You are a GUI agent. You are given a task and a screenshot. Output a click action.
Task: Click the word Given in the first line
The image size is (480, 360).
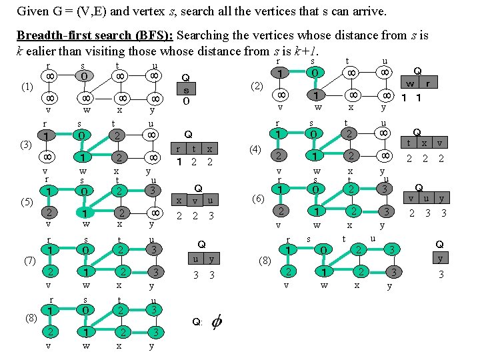[x=31, y=11]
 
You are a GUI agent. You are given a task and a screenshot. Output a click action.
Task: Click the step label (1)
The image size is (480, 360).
[x=27, y=87]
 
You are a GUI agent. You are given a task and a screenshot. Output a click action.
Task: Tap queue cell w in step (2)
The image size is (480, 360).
[x=411, y=85]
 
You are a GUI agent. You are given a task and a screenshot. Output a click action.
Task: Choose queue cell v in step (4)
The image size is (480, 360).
[x=439, y=143]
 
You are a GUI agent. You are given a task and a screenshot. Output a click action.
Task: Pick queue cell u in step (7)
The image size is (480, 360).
[x=195, y=259]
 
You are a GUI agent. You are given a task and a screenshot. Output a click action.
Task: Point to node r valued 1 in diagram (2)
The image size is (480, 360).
[x=282, y=72]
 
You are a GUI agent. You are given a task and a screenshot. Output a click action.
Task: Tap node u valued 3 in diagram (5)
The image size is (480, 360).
[x=154, y=191]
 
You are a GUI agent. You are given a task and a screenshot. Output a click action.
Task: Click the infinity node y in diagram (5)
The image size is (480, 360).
[x=154, y=213]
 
